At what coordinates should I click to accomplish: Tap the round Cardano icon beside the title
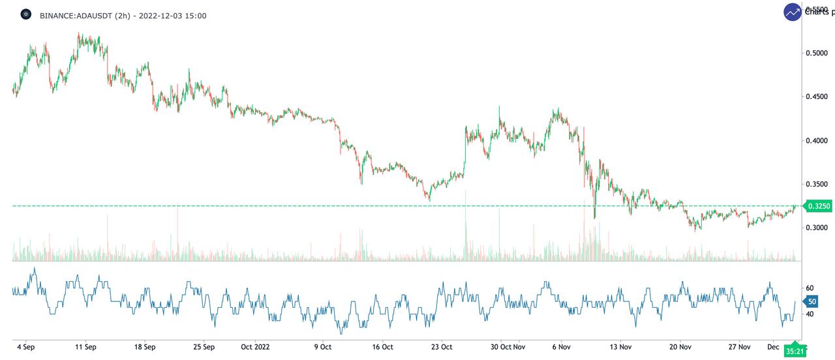pyautogui.click(x=26, y=14)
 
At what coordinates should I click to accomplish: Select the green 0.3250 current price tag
pyautogui.click(x=818, y=206)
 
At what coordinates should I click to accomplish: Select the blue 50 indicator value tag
pyautogui.click(x=812, y=301)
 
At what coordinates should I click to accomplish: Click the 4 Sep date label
pyautogui.click(x=25, y=347)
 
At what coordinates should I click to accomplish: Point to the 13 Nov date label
pyautogui.click(x=620, y=347)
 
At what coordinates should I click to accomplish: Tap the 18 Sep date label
pyautogui.click(x=144, y=347)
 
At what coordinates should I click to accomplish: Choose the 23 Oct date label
pyautogui.click(x=442, y=347)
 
